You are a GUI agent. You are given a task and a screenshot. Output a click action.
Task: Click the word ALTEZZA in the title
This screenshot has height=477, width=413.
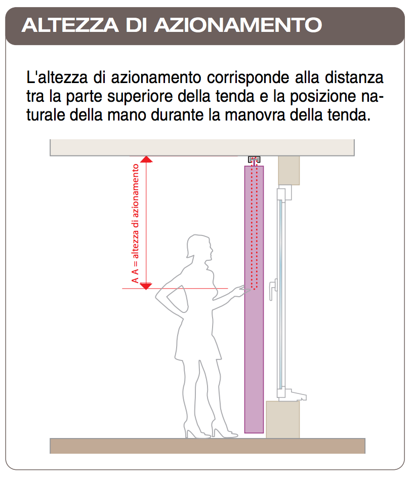click(70, 25)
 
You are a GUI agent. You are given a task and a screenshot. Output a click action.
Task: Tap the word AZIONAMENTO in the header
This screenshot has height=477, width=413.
click(238, 25)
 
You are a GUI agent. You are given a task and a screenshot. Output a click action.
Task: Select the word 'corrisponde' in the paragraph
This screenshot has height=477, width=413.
click(248, 78)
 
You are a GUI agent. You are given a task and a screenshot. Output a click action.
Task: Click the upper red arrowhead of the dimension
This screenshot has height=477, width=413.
click(146, 160)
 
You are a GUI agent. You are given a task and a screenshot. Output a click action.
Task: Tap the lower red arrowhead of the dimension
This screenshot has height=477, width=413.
click(146, 286)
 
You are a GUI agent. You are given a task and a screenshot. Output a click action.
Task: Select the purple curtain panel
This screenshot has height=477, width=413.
click(254, 299)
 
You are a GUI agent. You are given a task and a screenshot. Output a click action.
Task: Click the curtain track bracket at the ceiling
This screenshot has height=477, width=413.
click(254, 160)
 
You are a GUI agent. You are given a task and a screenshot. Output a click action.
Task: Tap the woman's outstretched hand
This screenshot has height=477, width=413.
click(242, 291)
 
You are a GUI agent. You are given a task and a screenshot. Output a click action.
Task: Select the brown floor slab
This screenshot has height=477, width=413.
click(208, 446)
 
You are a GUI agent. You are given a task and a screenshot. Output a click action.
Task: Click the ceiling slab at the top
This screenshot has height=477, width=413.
click(202, 147)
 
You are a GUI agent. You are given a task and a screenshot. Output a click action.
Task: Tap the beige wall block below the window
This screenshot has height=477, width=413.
click(283, 419)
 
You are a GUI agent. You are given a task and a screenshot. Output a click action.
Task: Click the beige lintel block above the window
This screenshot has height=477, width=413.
click(289, 170)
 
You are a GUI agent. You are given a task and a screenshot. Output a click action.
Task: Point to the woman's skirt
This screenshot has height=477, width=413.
click(198, 341)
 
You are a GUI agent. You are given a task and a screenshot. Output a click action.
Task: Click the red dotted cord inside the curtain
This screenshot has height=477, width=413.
click(255, 227)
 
